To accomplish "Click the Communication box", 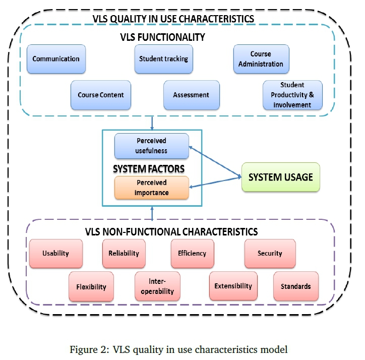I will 55,59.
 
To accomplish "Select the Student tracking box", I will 163,59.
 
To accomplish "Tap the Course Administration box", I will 261,59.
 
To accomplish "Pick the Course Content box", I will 100,95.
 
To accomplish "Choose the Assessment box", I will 191,95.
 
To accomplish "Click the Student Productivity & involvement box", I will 292,95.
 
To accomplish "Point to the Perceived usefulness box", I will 151,146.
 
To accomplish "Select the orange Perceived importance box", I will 151,187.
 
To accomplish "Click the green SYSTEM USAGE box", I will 281,177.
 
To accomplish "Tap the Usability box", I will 55,254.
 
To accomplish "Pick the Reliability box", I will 124,254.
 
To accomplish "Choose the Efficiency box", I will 192,254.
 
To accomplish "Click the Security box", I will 270,254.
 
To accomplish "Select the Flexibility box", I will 91,287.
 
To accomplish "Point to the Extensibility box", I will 233,286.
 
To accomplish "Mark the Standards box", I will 296,286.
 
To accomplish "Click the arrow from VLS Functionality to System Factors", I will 152,123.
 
